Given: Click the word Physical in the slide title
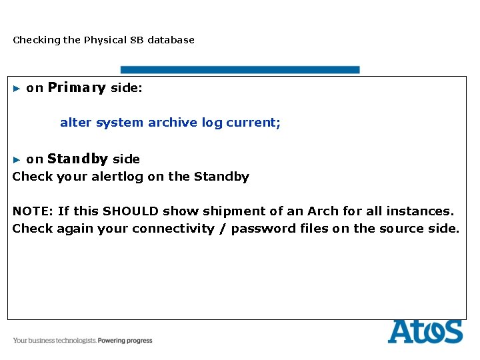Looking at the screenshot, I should pyautogui.click(x=104, y=40).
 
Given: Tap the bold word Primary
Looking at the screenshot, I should pyautogui.click(x=77, y=88).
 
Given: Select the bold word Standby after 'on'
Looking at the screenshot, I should pyautogui.click(x=77, y=159).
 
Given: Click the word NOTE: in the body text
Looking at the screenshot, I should pyautogui.click(x=33, y=211).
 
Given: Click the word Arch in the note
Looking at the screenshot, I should pyautogui.click(x=323, y=211).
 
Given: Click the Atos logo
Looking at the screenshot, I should pyautogui.click(x=425, y=331).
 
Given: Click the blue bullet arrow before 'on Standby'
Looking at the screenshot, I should pyautogui.click(x=17, y=159).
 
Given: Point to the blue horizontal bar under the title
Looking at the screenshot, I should pyautogui.click(x=239, y=69).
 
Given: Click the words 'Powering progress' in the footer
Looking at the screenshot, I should pyautogui.click(x=125, y=341).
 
